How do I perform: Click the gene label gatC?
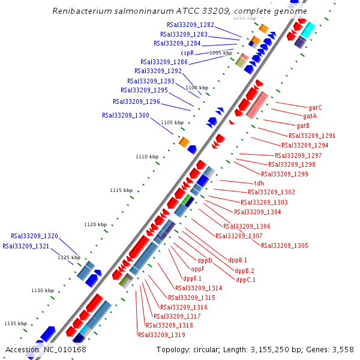coord(315,107)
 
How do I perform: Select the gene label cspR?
coord(187,53)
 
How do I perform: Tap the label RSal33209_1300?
coord(125,115)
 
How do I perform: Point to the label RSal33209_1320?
coord(34,236)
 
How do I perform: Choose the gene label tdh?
coord(259,183)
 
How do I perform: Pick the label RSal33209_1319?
coord(161,335)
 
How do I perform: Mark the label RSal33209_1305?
coord(284,245)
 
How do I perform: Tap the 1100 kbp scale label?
coord(196,88)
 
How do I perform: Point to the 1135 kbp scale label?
coord(15,323)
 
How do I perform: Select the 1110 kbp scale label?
coord(146,157)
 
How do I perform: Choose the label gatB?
coord(303,125)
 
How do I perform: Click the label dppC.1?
coord(245,280)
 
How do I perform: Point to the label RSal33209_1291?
coord(312,136)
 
